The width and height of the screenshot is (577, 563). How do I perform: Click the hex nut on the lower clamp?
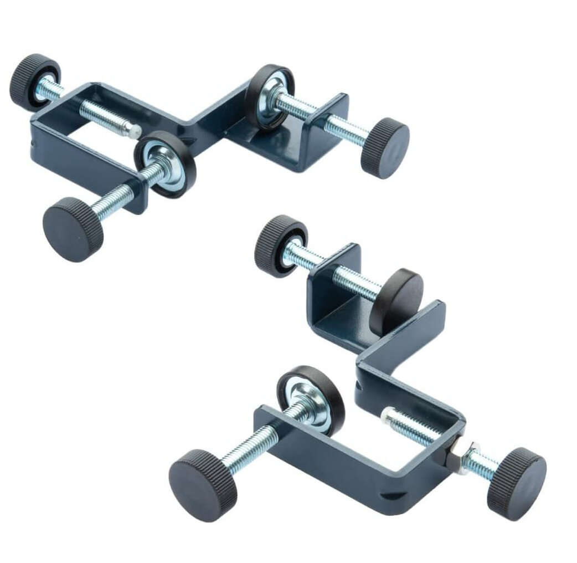coord(456,456)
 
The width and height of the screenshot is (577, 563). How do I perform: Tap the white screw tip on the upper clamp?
coord(134,130)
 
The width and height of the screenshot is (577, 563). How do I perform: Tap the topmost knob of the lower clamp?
coord(280,245)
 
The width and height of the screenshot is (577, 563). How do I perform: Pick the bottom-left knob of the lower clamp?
coord(203,485)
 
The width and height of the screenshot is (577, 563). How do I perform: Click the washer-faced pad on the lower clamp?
coord(311,399)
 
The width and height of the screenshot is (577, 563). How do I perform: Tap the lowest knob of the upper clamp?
coord(73,228)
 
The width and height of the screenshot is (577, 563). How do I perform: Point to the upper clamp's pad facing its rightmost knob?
coord(270,97)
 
